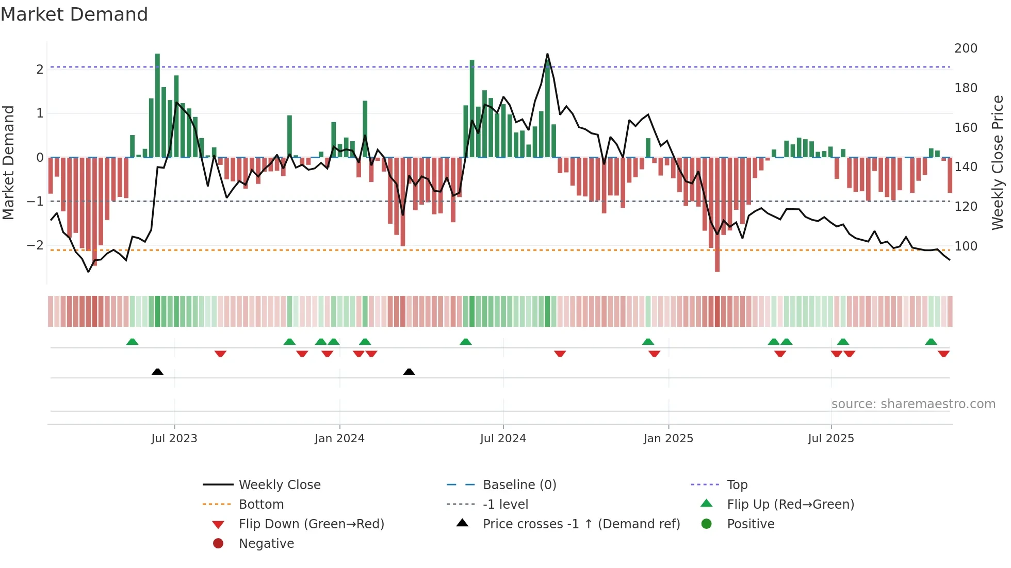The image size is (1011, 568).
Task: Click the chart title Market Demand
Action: [x=74, y=14]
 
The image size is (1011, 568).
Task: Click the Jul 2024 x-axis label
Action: [x=502, y=439]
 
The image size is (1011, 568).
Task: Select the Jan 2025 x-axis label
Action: [x=668, y=439]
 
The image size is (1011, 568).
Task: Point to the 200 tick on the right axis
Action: [x=966, y=48]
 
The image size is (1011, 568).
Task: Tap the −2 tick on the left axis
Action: [x=35, y=245]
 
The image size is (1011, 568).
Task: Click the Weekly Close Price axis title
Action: [x=998, y=162]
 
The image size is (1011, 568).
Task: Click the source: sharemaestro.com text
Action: [x=913, y=404]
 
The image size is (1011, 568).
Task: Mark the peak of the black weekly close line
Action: [x=547, y=54]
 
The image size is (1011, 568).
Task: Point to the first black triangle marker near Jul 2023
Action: [x=157, y=372]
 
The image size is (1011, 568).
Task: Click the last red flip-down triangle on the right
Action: [x=943, y=354]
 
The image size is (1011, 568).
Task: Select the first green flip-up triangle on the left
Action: [x=132, y=342]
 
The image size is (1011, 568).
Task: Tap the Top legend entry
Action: [x=737, y=485]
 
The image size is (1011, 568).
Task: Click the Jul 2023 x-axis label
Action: [x=174, y=439]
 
